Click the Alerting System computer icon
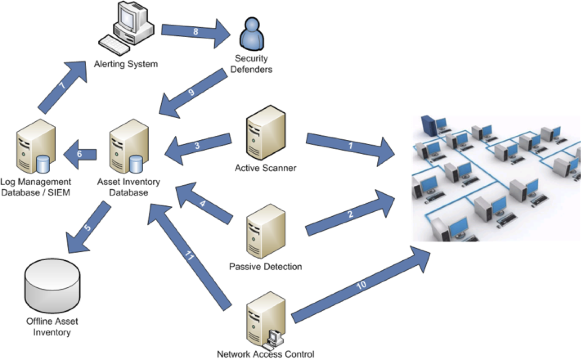coord(126,27)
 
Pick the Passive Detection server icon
coord(266,231)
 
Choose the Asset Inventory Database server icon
coord(129,147)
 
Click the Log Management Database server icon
coord(36,147)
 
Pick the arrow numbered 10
coord(361,285)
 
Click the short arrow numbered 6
coord(80,154)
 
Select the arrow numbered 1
coord(350,146)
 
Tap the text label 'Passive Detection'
coord(265,267)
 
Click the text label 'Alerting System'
coord(126,64)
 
